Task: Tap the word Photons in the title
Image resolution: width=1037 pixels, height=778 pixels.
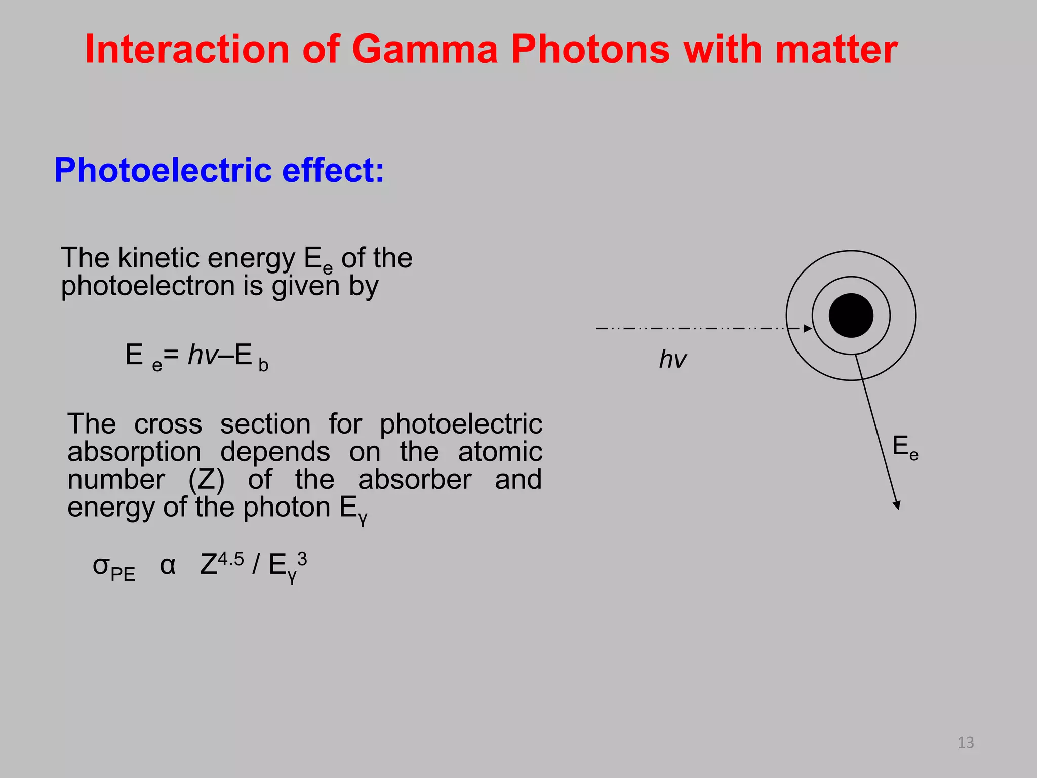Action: coord(590,49)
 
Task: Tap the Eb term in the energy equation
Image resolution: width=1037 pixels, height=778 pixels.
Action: coord(251,356)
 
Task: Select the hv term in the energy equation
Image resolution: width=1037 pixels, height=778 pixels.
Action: coord(203,355)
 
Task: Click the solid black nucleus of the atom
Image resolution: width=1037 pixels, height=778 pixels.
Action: coord(851,316)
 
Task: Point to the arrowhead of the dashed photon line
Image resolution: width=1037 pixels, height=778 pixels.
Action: coord(808,329)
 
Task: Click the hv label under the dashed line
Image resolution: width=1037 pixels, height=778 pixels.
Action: coord(672,360)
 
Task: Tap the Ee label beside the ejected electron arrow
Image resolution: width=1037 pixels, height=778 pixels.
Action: coord(905,448)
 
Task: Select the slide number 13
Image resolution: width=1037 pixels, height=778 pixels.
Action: coord(966,743)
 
